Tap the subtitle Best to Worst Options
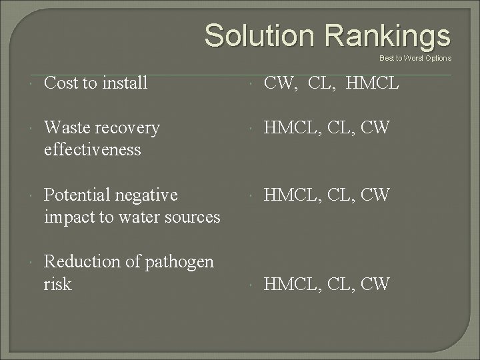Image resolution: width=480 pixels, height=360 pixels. point(415,58)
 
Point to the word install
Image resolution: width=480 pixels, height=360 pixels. point(124,83)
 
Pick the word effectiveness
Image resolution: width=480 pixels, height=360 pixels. point(92,149)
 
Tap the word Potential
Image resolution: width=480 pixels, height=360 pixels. point(76,195)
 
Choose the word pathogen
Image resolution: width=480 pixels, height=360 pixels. point(181,262)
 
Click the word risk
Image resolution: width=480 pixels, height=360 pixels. point(57,284)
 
